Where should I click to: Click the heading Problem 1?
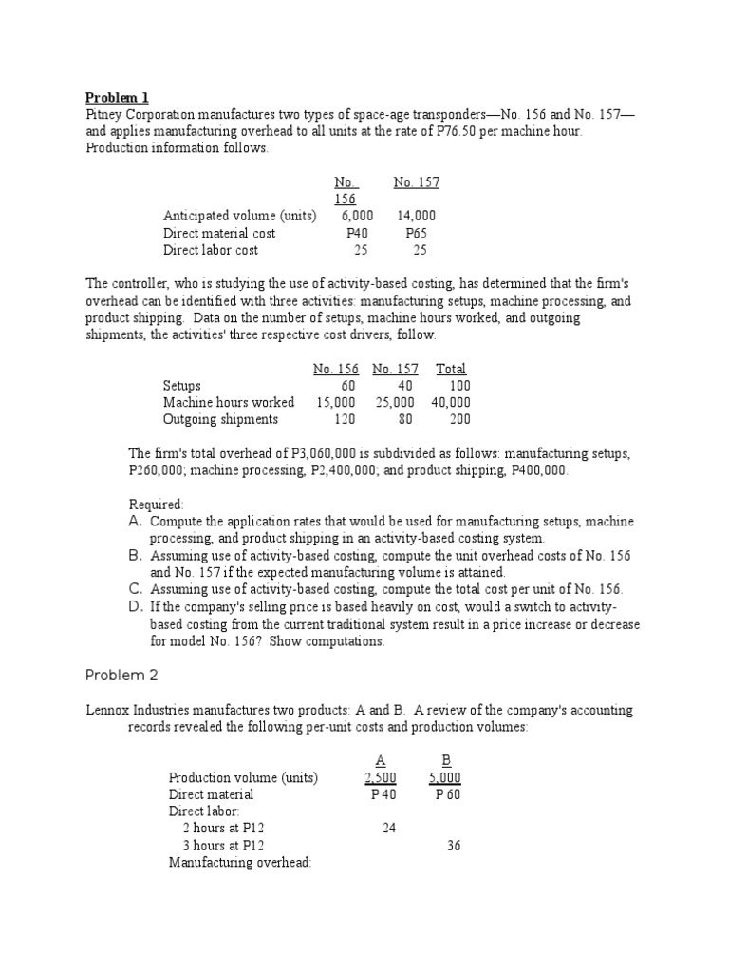[117, 97]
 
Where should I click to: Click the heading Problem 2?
[121, 675]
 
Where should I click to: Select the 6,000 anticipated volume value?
[357, 216]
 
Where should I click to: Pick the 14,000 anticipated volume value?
[416, 216]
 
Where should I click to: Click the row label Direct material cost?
[219, 233]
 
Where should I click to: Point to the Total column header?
[451, 369]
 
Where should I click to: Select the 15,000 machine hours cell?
[336, 402]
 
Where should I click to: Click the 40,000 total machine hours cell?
[450, 402]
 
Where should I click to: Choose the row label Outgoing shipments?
[220, 419]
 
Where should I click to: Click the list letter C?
[135, 589]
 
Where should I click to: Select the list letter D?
[135, 606]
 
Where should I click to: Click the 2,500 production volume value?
[380, 777]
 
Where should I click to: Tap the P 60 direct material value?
[447, 794]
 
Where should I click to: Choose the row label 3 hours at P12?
[223, 846]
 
